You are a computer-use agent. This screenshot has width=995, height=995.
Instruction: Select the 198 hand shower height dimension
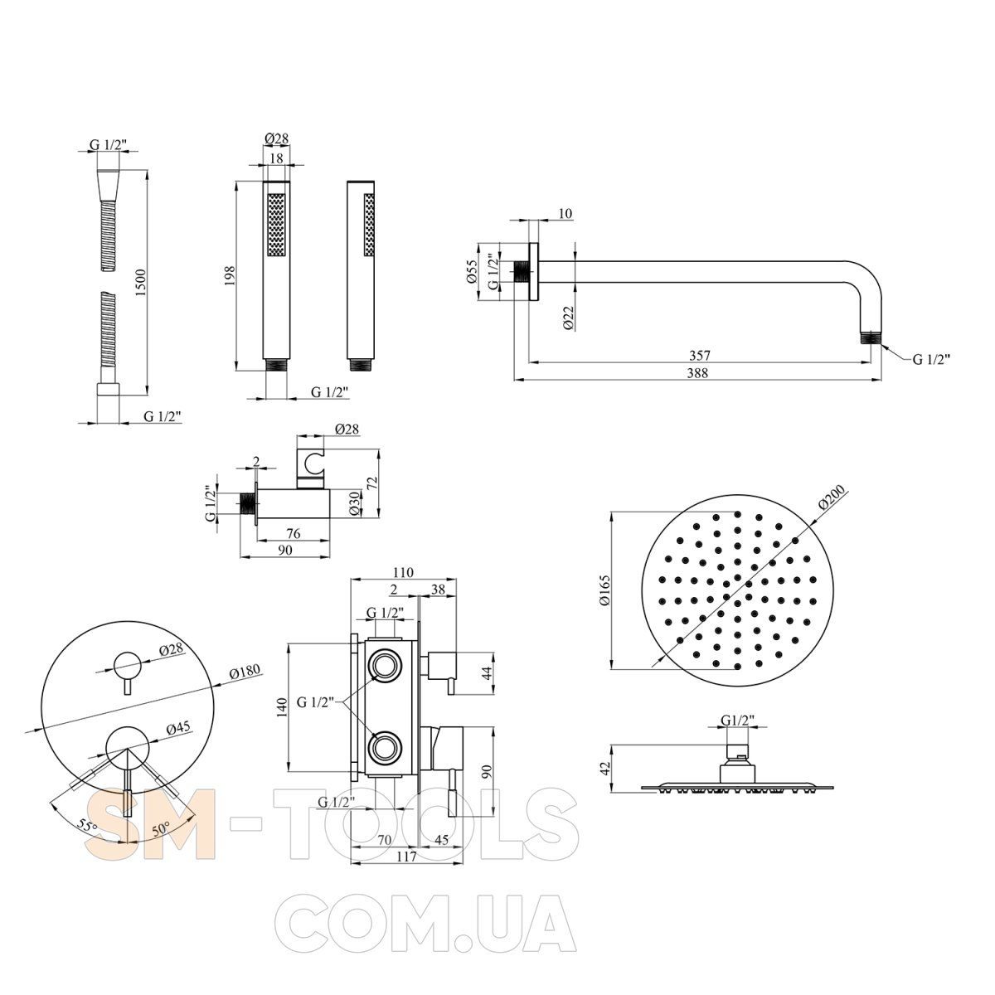(x=230, y=275)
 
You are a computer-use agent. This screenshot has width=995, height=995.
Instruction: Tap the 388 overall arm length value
(x=697, y=372)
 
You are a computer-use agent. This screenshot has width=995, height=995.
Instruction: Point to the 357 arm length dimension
(x=700, y=355)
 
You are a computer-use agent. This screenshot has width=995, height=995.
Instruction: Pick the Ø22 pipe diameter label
(x=568, y=318)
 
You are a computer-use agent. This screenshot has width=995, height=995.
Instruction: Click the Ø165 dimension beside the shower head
(x=604, y=590)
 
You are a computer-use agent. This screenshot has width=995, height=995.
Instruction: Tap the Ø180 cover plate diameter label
(x=245, y=672)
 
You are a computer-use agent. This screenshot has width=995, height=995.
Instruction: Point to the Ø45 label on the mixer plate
(x=178, y=728)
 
